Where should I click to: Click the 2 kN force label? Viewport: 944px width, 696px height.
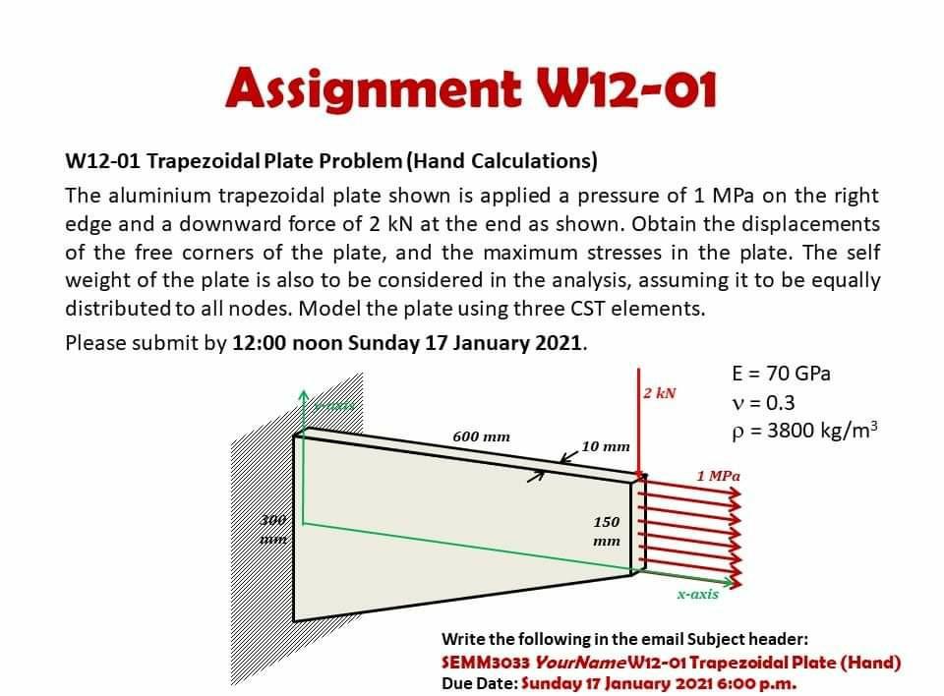pyautogui.click(x=660, y=393)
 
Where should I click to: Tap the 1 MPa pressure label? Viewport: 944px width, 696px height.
pyautogui.click(x=718, y=476)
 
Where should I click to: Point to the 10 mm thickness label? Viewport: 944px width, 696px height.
pyautogui.click(x=606, y=446)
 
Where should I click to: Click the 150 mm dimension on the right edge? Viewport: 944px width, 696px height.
pyautogui.click(x=607, y=531)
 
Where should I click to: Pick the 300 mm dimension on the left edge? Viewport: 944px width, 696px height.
pyautogui.click(x=274, y=527)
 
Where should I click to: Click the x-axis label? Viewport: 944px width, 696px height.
pyautogui.click(x=697, y=594)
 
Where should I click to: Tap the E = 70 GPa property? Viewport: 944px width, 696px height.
pyautogui.click(x=782, y=374)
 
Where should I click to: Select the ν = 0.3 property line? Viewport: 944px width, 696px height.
pyautogui.click(x=764, y=402)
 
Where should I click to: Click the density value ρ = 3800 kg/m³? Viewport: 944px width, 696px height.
pyautogui.click(x=803, y=431)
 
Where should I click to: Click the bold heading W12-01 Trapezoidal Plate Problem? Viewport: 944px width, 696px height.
pyautogui.click(x=330, y=160)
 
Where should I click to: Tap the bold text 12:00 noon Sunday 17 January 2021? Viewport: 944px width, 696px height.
pyautogui.click(x=409, y=343)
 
